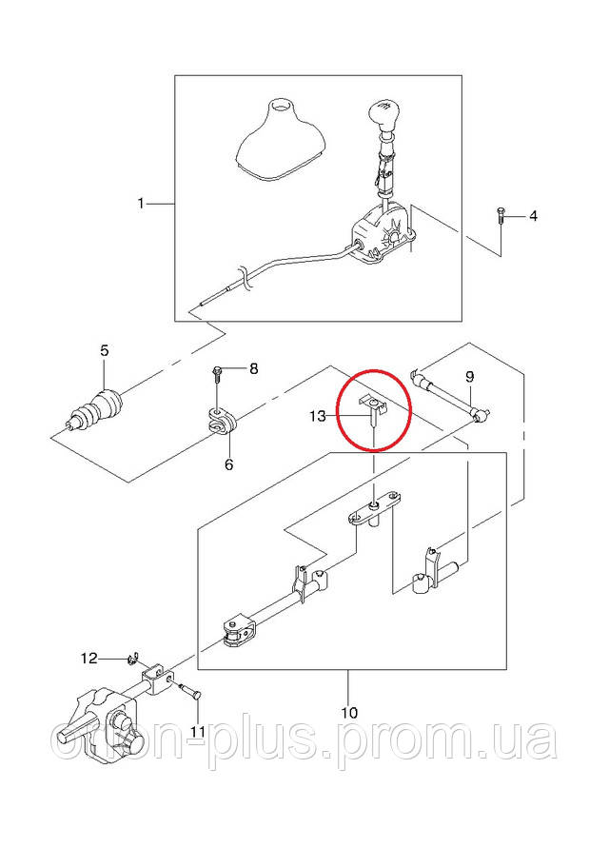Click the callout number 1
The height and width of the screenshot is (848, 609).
point(141,204)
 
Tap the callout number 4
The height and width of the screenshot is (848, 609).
point(533,216)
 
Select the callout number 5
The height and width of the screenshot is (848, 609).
point(104,350)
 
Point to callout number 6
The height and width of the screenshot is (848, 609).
point(228,464)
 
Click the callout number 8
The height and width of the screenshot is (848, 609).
point(254,369)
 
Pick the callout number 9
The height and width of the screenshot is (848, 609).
point(469,376)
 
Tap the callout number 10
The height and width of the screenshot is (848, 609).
point(349,712)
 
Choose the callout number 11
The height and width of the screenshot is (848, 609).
point(197,732)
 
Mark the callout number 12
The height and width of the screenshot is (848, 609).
point(89,659)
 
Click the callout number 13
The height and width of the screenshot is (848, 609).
point(318,416)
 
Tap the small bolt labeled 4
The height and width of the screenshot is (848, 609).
point(501,216)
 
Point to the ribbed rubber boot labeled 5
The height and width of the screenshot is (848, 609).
point(96,410)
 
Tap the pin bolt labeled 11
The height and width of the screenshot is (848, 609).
point(190,690)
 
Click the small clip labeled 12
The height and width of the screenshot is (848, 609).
point(132,659)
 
